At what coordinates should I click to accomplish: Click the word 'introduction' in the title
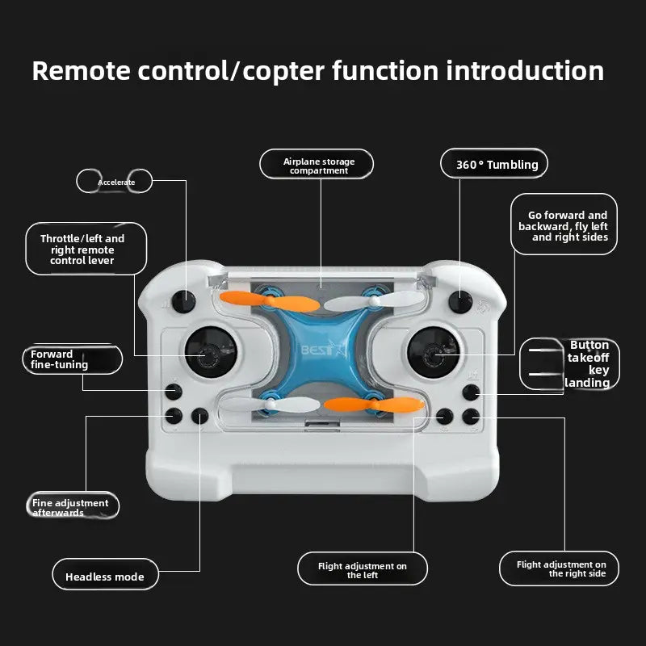pos(525,71)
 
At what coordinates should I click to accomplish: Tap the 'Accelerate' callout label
pos(115,182)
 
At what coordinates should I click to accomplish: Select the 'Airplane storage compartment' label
pos(317,166)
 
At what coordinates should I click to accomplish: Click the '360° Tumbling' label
pos(495,165)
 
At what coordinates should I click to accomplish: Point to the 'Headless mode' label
pos(105,576)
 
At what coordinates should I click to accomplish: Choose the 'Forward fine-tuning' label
pos(70,359)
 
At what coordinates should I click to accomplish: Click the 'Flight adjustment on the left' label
pos(362,570)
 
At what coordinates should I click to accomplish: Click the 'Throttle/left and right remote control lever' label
pos(82,250)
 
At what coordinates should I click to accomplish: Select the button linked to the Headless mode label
pos(200,417)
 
